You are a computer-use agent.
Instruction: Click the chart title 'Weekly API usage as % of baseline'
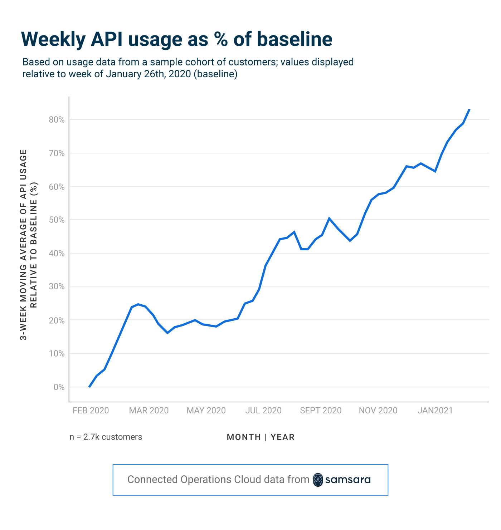tap(177, 39)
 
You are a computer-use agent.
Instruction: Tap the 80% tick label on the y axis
tap(57, 120)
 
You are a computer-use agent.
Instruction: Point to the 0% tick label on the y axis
tap(59, 387)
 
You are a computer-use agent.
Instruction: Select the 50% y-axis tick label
tap(57, 220)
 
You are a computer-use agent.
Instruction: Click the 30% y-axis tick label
tap(57, 287)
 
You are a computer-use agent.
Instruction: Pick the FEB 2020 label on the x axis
tap(91, 411)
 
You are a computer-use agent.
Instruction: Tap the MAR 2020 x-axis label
tap(149, 411)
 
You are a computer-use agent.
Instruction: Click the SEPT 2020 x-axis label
tap(321, 411)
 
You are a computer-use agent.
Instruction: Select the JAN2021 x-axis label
tap(435, 411)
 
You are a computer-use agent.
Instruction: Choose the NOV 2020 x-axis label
tap(378, 411)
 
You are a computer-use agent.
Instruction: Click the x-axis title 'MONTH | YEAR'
tap(261, 437)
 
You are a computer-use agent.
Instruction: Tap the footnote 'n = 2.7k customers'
tap(106, 437)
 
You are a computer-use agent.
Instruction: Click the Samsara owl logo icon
tap(318, 480)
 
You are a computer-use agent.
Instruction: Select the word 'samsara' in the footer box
tap(348, 480)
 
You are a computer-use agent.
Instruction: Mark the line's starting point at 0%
tap(89, 387)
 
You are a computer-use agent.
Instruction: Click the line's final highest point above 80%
tap(469, 109)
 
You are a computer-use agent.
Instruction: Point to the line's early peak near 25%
tap(138, 304)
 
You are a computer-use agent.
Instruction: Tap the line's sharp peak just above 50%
tap(329, 218)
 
